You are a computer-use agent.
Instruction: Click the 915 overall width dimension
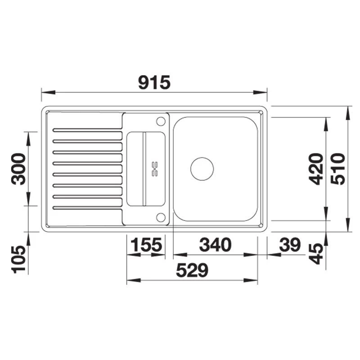point(154,82)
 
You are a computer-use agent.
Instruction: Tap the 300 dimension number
point(18,169)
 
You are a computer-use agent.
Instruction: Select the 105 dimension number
point(18,259)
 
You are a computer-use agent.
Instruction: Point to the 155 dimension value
point(146,245)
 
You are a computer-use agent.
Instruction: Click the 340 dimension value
point(215,245)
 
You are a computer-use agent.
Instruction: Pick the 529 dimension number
point(192,270)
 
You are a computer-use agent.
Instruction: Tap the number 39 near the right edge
point(290,245)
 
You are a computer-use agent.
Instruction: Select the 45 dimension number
point(316,254)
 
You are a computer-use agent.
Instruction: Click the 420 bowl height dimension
point(316,169)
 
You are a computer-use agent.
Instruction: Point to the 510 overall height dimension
point(338,169)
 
